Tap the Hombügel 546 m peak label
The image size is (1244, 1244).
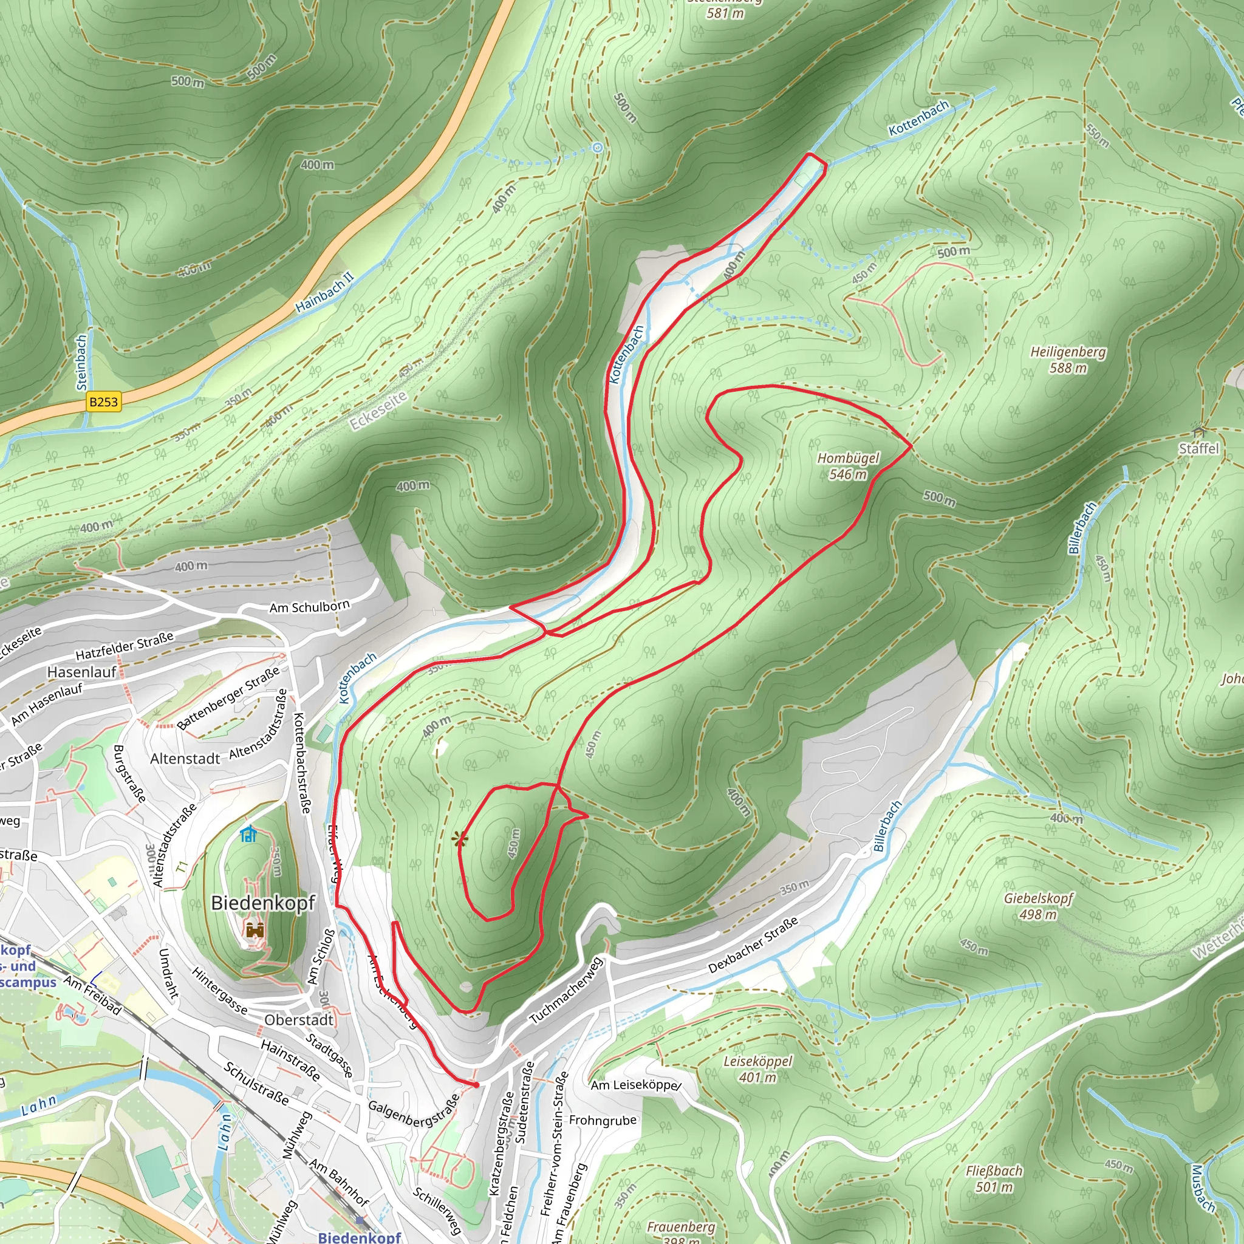[x=848, y=466]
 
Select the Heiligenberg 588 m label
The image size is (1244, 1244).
[x=1068, y=360]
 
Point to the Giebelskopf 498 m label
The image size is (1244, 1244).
[x=1038, y=906]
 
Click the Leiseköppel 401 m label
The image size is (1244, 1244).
[x=758, y=1069]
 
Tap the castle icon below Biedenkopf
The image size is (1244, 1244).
[x=256, y=930]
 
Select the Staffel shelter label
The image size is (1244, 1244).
[x=1198, y=448]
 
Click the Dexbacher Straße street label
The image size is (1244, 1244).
[x=753, y=945]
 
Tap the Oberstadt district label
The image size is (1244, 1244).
[x=299, y=1020]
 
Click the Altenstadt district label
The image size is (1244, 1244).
[x=185, y=759]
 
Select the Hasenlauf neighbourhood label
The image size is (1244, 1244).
[x=82, y=672]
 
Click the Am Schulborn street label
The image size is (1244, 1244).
[x=309, y=607]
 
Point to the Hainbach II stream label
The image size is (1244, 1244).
[x=324, y=292]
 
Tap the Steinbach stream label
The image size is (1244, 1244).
[x=81, y=362]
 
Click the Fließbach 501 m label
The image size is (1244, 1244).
[x=994, y=1178]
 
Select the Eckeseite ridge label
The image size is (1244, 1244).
[x=378, y=410]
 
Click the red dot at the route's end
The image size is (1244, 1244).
[x=476, y=1085]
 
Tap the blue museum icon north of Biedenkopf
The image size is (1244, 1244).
[x=248, y=835]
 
